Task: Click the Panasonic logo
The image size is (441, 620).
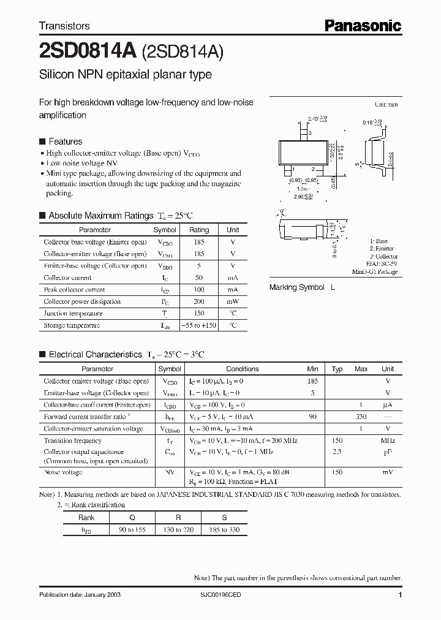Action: pos(363,25)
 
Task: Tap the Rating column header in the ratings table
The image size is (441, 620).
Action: pos(199,230)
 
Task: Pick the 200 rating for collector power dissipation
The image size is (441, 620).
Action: pos(199,301)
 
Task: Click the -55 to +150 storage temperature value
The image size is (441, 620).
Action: pos(199,325)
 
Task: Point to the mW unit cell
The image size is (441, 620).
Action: pos(233,301)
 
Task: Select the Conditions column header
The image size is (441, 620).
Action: pos(243,369)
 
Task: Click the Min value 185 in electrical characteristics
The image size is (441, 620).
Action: pos(313,381)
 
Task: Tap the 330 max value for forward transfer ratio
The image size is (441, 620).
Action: pos(361,417)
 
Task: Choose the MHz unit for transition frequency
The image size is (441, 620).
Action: pos(388,440)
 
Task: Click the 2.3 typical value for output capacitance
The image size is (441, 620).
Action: pos(337,452)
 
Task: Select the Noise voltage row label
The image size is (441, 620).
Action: pos(64,472)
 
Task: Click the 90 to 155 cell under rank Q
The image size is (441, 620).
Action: pos(132,529)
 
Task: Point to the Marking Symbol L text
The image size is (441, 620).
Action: pos(303,287)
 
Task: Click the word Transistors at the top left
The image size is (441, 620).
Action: pos(64,26)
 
